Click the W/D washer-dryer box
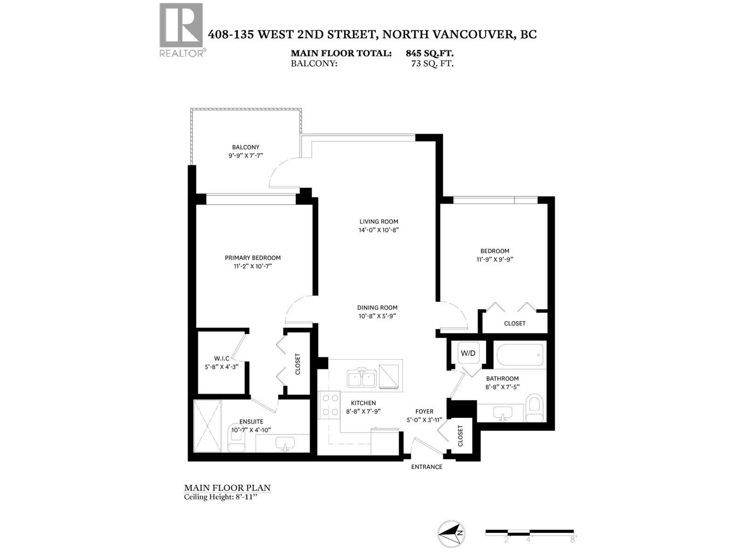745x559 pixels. pyautogui.click(x=468, y=353)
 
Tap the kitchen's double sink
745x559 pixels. pyautogui.click(x=362, y=377)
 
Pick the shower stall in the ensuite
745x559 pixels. pyautogui.click(x=207, y=425)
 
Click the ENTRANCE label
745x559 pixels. pyautogui.click(x=427, y=467)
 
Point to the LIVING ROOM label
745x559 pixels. pyautogui.click(x=379, y=222)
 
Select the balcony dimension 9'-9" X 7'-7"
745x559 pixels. pyautogui.click(x=246, y=156)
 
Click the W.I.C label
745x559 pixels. pyautogui.click(x=222, y=358)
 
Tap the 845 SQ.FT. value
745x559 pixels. pyautogui.click(x=429, y=54)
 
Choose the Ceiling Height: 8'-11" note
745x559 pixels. pyautogui.click(x=220, y=497)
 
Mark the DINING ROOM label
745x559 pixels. pyautogui.click(x=377, y=307)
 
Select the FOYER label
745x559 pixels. pyautogui.click(x=424, y=411)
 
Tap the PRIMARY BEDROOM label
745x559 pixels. pyautogui.click(x=253, y=258)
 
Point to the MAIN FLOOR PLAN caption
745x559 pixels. pyautogui.click(x=227, y=488)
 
